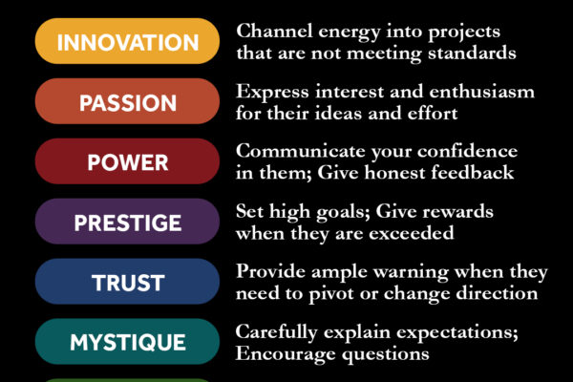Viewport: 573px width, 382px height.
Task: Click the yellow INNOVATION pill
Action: [x=127, y=41]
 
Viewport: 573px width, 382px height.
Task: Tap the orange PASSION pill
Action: [x=127, y=101]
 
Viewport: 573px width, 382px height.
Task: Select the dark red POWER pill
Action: [x=127, y=161]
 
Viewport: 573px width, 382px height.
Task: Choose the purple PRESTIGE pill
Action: [x=127, y=222]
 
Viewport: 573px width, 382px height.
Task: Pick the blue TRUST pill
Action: [x=127, y=282]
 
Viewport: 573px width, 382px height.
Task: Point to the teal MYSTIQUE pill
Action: [x=127, y=342]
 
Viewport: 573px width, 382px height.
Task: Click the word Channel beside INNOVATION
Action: [x=274, y=31]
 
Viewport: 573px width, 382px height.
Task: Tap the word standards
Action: [x=472, y=53]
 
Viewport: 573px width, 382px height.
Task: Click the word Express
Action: [x=272, y=92]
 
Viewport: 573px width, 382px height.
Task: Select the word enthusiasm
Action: [x=481, y=92]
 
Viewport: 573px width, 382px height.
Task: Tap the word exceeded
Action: [x=411, y=233]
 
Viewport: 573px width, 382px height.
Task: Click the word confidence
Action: [x=467, y=151]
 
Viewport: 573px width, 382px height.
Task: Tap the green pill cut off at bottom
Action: [x=127, y=380]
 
